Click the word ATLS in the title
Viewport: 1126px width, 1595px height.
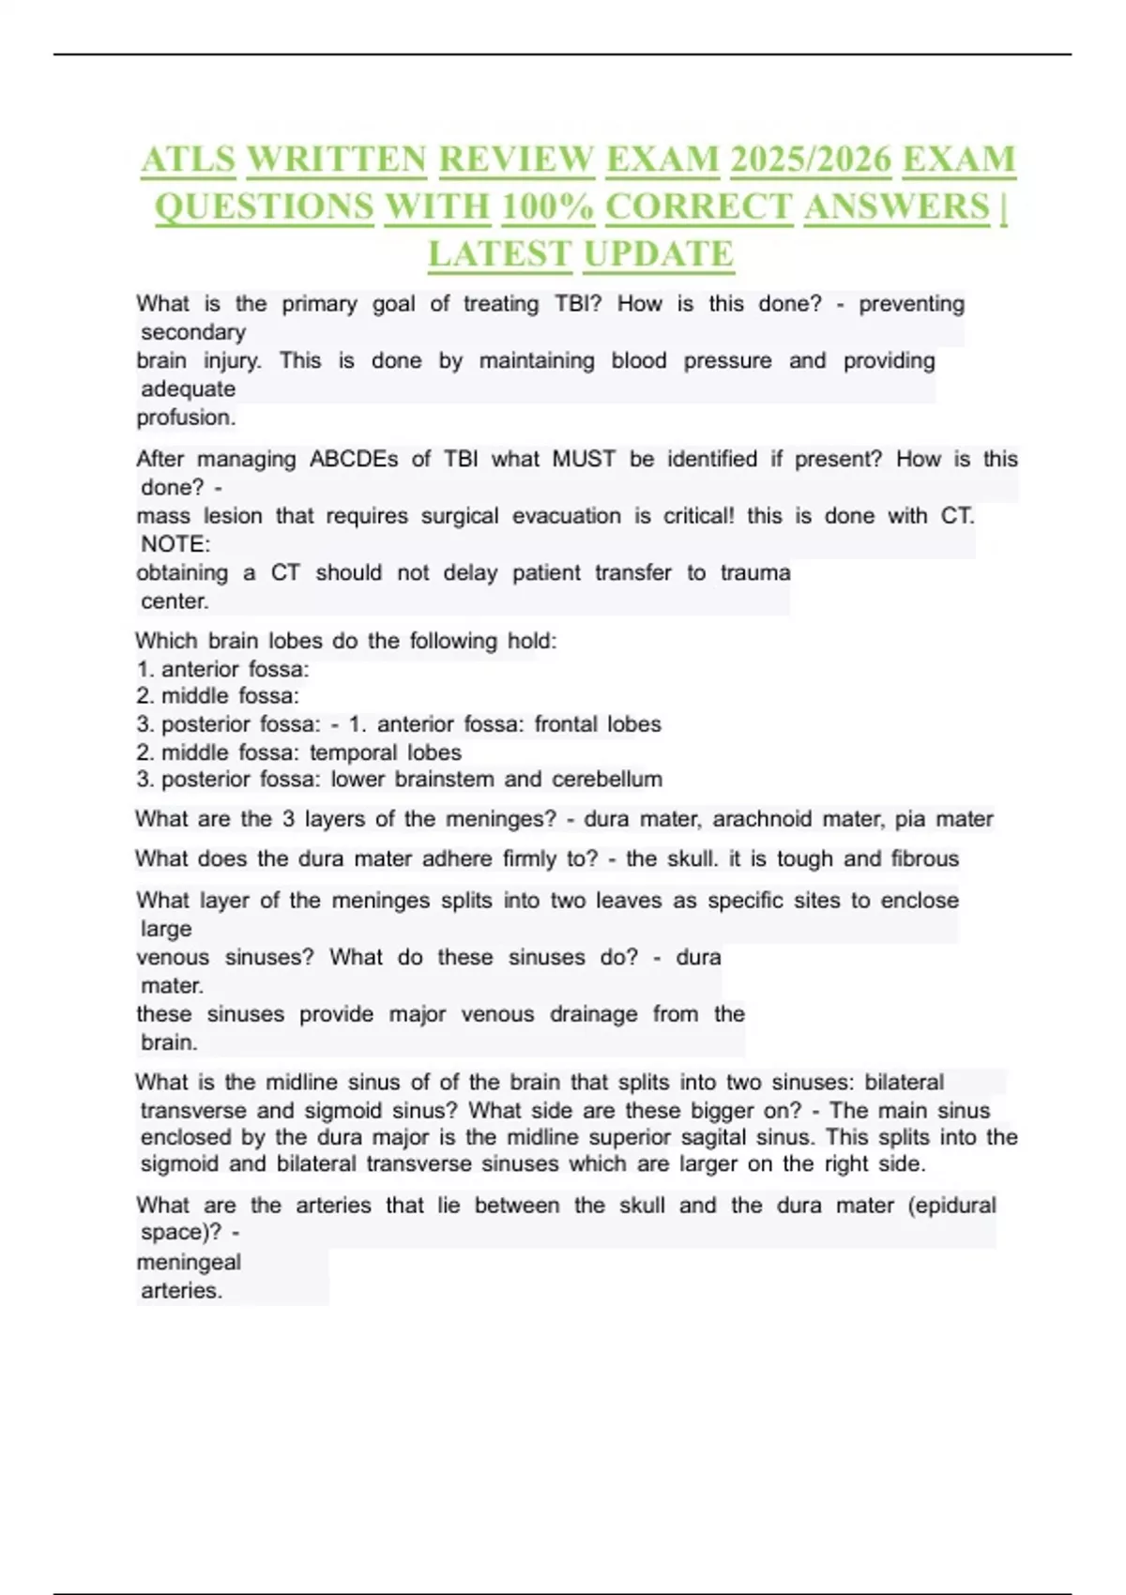coord(188,159)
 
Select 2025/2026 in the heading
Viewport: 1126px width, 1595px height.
coord(810,159)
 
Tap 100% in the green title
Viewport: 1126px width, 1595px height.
coord(547,206)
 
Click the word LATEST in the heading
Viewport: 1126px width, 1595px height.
coord(499,254)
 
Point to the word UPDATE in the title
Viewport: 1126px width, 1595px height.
coord(658,254)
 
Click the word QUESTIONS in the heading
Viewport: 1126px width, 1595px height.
coord(264,206)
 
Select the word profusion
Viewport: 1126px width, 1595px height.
coord(186,418)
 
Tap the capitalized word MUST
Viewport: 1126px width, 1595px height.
coord(584,459)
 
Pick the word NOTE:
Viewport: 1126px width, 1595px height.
coord(175,544)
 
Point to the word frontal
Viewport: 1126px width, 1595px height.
coord(566,724)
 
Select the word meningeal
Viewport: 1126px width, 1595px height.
coord(189,1262)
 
